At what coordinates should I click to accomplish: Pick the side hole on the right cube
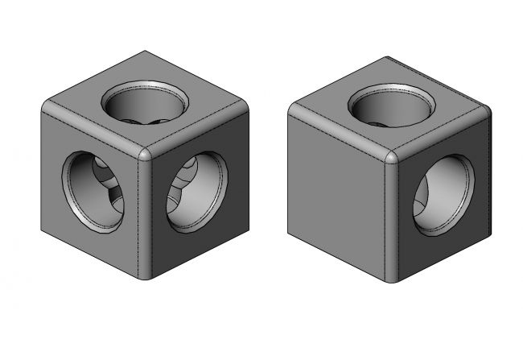pos(443,197)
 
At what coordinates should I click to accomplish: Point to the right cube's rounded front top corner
pos(392,156)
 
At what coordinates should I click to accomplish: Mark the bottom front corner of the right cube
pos(391,281)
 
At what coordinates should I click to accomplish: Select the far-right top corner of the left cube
pos(247,107)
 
